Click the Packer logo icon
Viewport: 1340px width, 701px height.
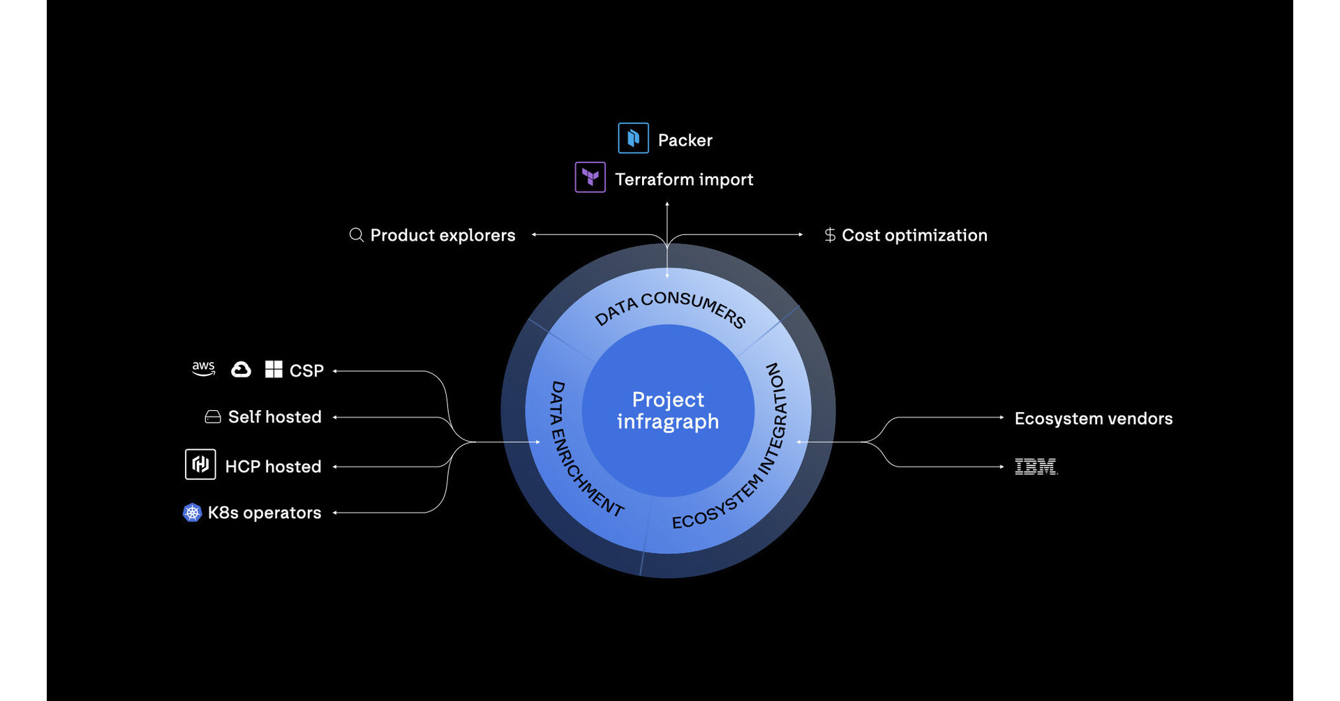pyautogui.click(x=633, y=138)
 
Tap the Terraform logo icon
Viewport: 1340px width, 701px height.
pyautogui.click(x=590, y=177)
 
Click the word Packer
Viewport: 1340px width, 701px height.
pyautogui.click(x=685, y=140)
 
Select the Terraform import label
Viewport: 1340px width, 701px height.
pyautogui.click(x=684, y=179)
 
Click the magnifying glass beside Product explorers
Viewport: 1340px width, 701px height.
pyautogui.click(x=356, y=235)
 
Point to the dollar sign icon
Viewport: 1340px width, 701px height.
pyautogui.click(x=829, y=235)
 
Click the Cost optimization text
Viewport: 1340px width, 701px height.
pyautogui.click(x=914, y=235)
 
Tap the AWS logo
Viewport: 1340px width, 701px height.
pyautogui.click(x=203, y=368)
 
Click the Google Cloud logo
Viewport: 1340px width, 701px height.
pyautogui.click(x=241, y=369)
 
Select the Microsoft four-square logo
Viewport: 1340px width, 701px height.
pyautogui.click(x=274, y=369)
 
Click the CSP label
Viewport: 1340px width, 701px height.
pyautogui.click(x=306, y=370)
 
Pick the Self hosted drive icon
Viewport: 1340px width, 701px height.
pyautogui.click(x=213, y=417)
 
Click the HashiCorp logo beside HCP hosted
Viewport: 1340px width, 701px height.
pyautogui.click(x=200, y=465)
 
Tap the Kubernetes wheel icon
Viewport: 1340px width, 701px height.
pyautogui.click(x=192, y=513)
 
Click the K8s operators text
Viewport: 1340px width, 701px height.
pyautogui.click(x=265, y=513)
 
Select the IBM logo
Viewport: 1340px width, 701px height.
pyautogui.click(x=1036, y=467)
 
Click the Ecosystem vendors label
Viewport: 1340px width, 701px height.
pyautogui.click(x=1093, y=419)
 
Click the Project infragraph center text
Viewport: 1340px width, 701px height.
pyautogui.click(x=668, y=410)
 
